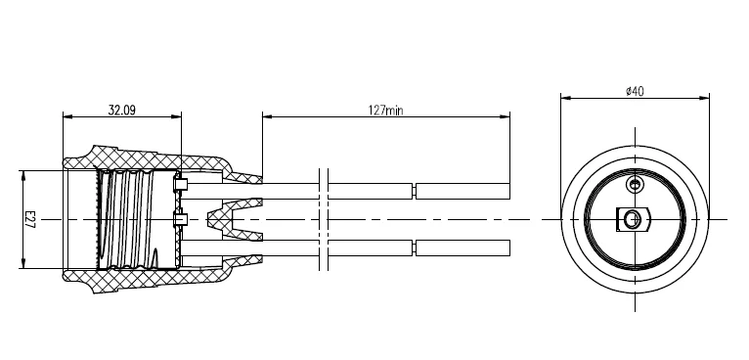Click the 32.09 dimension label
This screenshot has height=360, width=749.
pyautogui.click(x=122, y=111)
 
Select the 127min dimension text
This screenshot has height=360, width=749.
pyautogui.click(x=385, y=111)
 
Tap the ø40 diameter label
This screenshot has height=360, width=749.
pyautogui.click(x=635, y=91)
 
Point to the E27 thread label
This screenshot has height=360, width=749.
pyautogui.click(x=29, y=219)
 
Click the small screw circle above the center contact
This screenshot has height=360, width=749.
pyautogui.click(x=635, y=184)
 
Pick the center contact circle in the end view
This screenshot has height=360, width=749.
pyautogui.click(x=632, y=219)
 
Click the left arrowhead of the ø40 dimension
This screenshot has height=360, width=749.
pyautogui.click(x=566, y=99)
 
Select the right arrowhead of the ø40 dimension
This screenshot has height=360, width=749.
pyautogui.click(x=704, y=99)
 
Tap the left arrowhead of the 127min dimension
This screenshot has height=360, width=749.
pyautogui.click(x=268, y=116)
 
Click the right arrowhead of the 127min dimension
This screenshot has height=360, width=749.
pyautogui.click(x=505, y=116)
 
